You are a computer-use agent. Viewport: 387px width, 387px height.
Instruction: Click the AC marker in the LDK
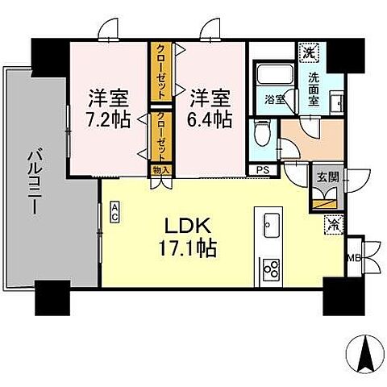pos(114,212)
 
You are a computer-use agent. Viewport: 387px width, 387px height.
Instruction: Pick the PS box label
pos(262,170)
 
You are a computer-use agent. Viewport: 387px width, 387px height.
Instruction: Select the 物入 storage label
pos(160,170)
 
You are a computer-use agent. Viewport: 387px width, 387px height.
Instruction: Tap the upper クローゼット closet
pos(161,71)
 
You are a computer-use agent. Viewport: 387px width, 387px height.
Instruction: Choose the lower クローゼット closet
pos(161,135)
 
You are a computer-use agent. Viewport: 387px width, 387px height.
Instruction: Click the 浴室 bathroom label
pos(273,99)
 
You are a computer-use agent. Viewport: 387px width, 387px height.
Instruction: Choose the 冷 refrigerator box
pos(332,225)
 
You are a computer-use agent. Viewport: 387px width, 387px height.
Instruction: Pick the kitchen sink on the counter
pos(268,223)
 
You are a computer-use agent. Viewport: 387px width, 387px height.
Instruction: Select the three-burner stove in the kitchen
pos(269,268)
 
